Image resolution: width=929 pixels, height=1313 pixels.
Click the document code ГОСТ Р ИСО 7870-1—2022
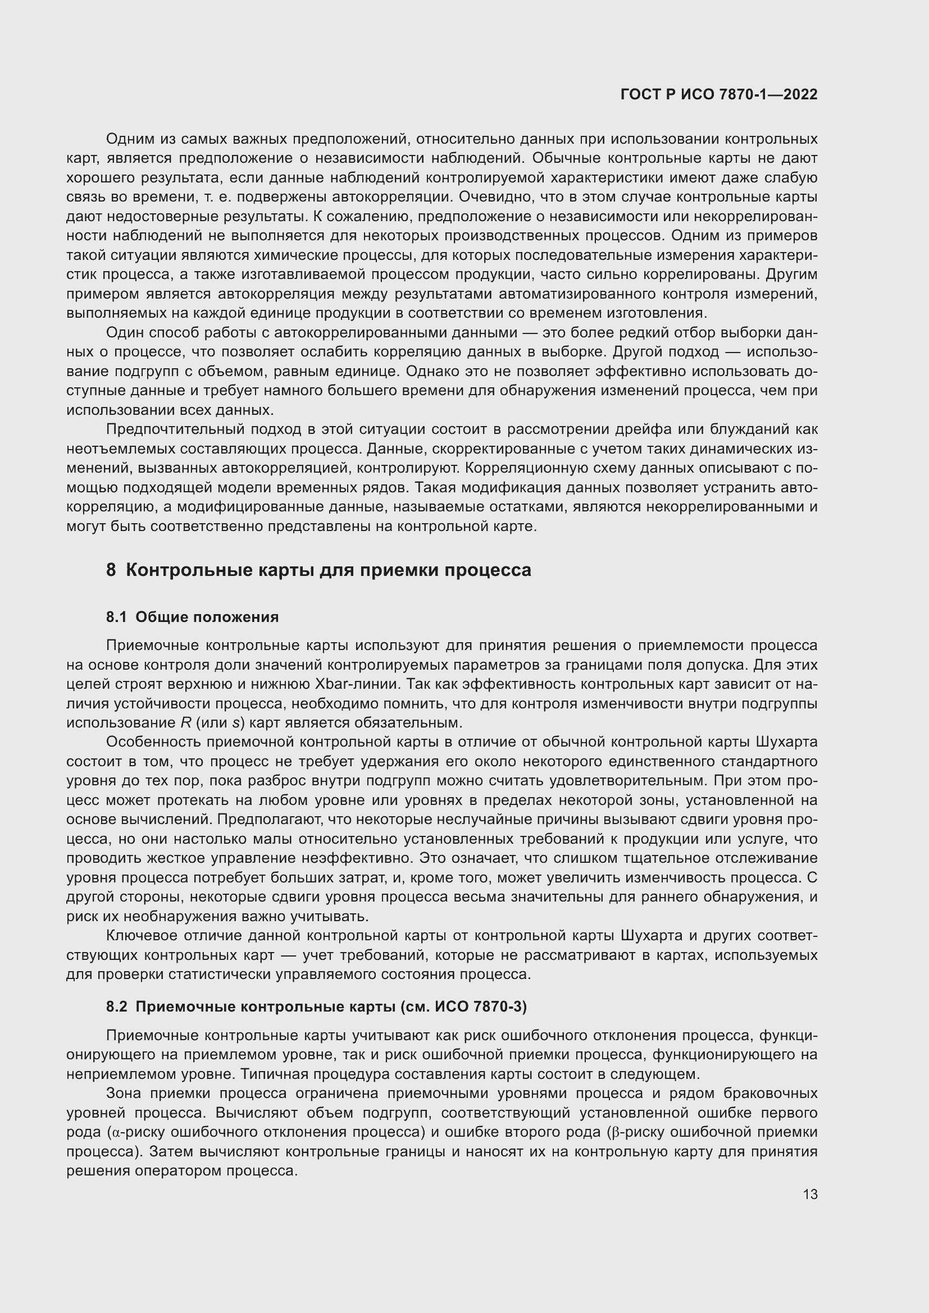(718, 95)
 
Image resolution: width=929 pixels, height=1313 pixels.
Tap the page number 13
(810, 1195)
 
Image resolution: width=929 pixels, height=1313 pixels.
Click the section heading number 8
(111, 570)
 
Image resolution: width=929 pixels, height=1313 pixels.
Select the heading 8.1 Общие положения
(192, 617)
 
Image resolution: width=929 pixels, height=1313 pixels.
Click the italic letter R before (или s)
(185, 723)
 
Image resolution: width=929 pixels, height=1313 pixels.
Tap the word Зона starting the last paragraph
(124, 1094)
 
